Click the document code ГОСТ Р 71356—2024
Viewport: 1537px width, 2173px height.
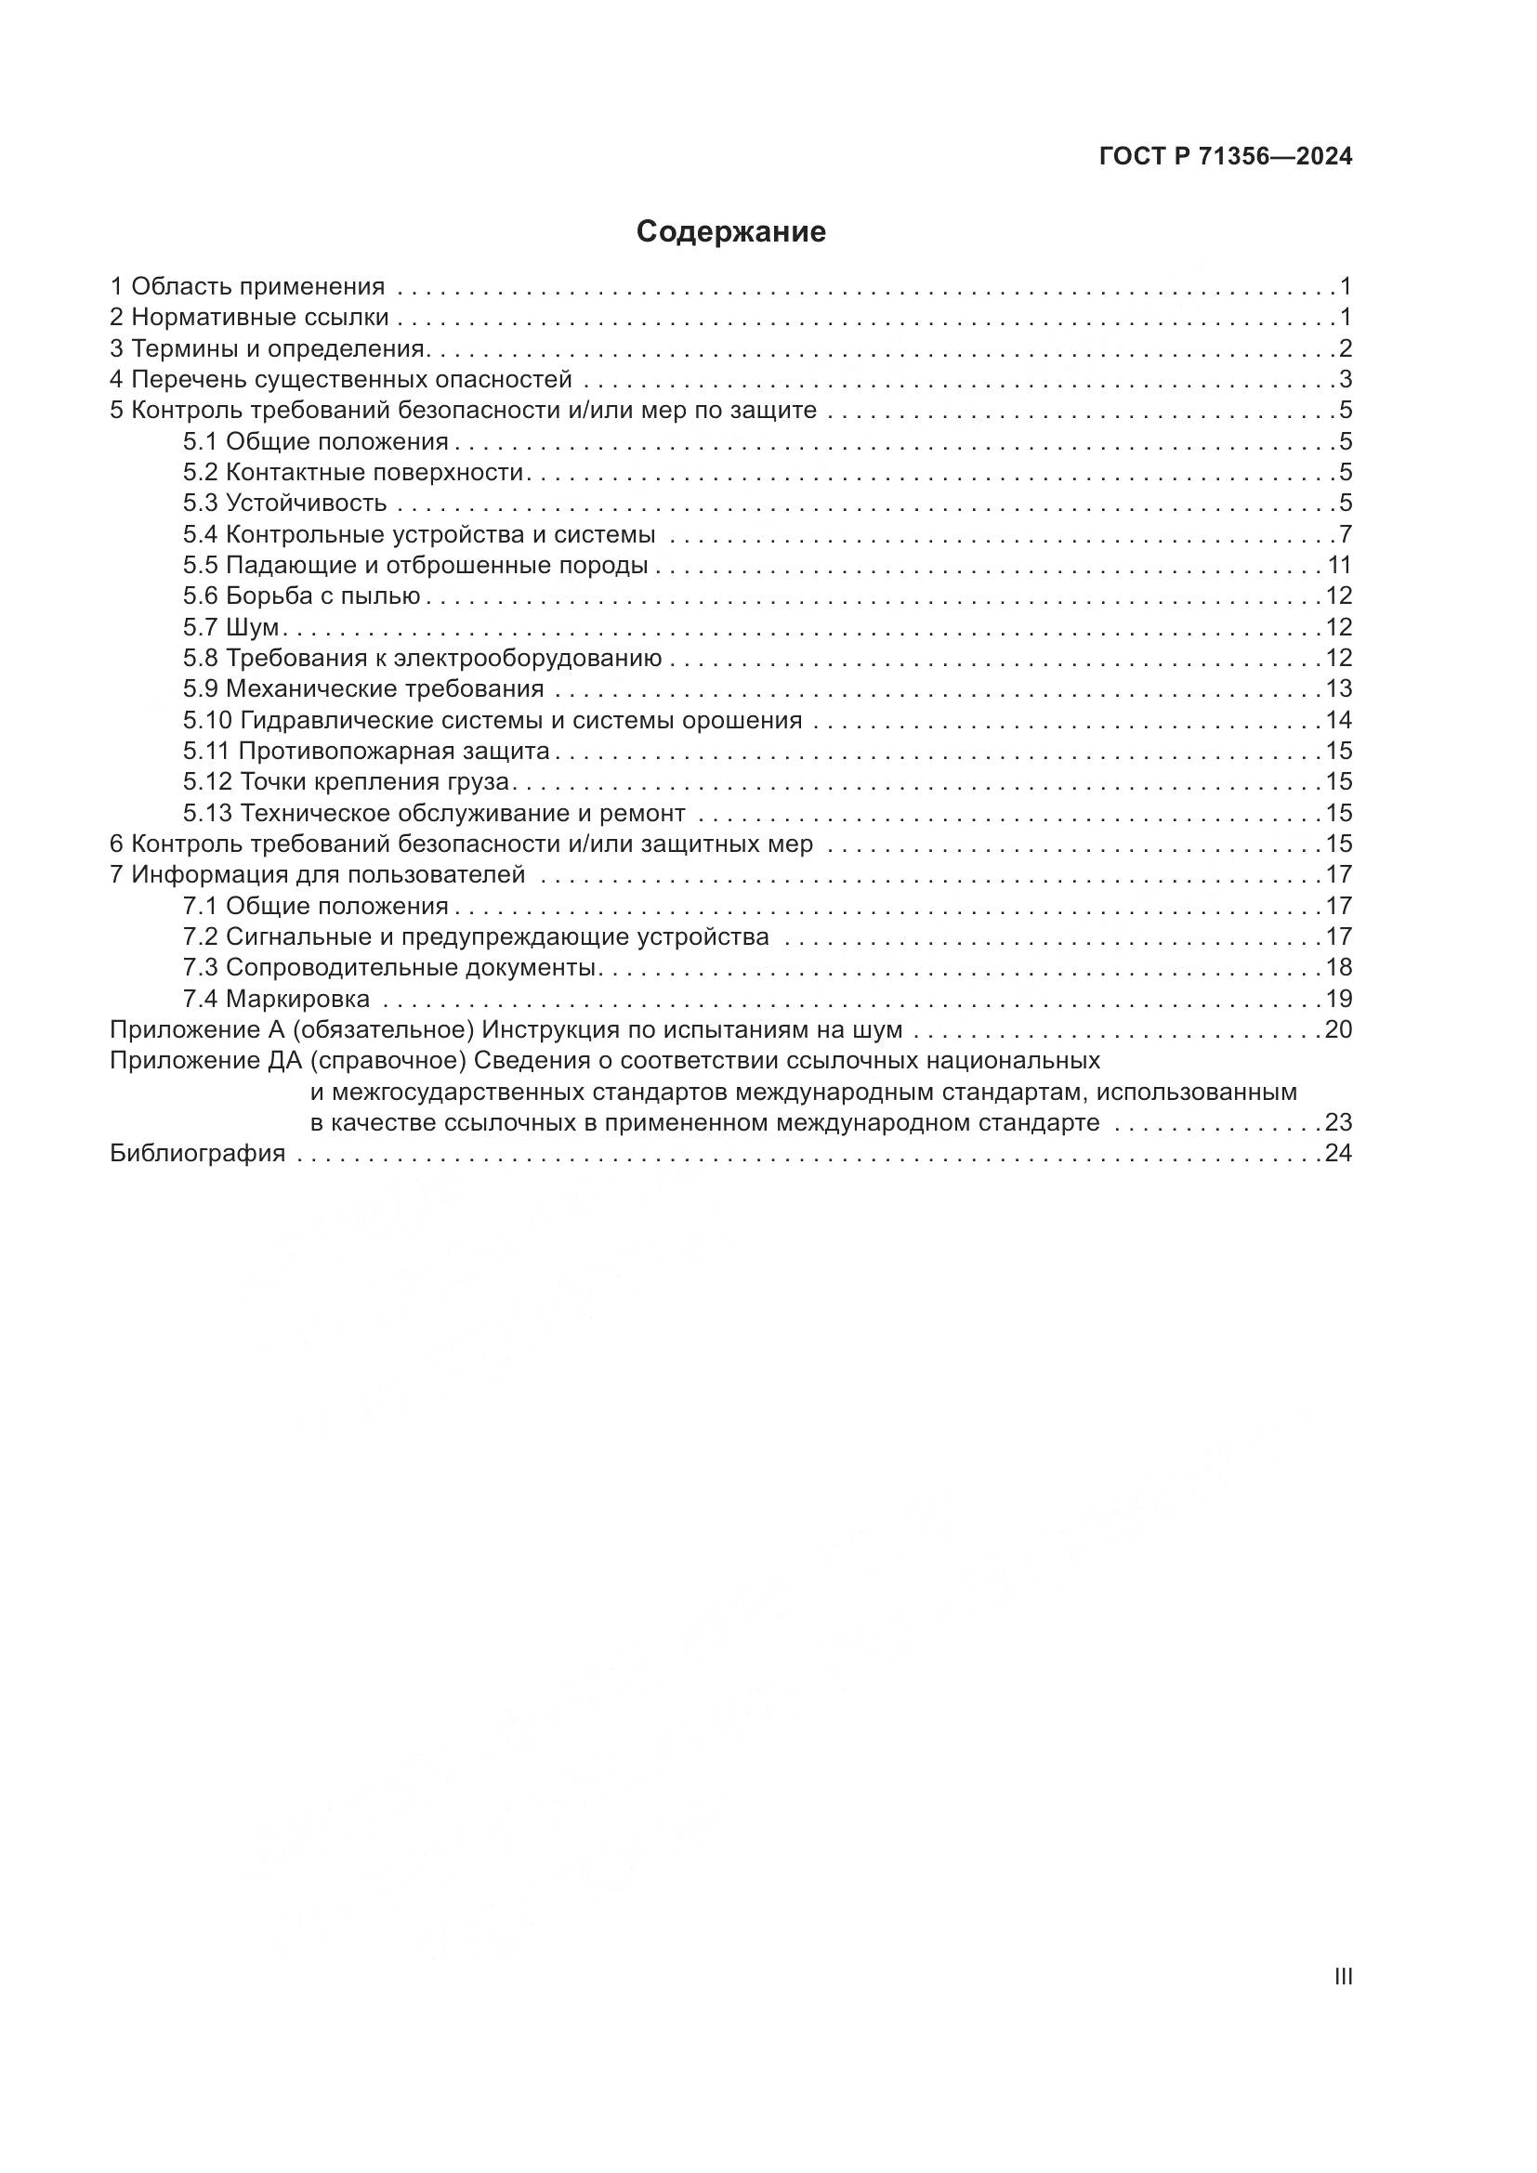[1226, 157]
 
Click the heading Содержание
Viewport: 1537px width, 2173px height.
[730, 232]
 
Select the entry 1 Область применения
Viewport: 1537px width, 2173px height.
[247, 286]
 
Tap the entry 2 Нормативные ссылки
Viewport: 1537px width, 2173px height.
[249, 317]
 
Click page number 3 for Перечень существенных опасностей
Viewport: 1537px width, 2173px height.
[1345, 380]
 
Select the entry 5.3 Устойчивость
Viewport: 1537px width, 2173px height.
[285, 503]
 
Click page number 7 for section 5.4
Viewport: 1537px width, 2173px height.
[1345, 534]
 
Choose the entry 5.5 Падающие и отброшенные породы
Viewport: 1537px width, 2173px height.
[415, 565]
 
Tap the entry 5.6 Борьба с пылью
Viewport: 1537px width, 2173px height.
[302, 596]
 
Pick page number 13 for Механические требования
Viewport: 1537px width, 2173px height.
[1338, 688]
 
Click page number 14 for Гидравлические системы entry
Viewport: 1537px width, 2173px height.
[1338, 719]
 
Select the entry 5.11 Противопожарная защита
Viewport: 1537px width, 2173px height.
[366, 751]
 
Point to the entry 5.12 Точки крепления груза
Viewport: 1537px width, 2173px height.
[347, 781]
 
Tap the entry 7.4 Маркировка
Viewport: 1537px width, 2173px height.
[276, 999]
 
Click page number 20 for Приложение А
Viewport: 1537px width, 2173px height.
[1338, 1028]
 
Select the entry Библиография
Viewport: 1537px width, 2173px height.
[198, 1153]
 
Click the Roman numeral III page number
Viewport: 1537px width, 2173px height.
[1343, 1976]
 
